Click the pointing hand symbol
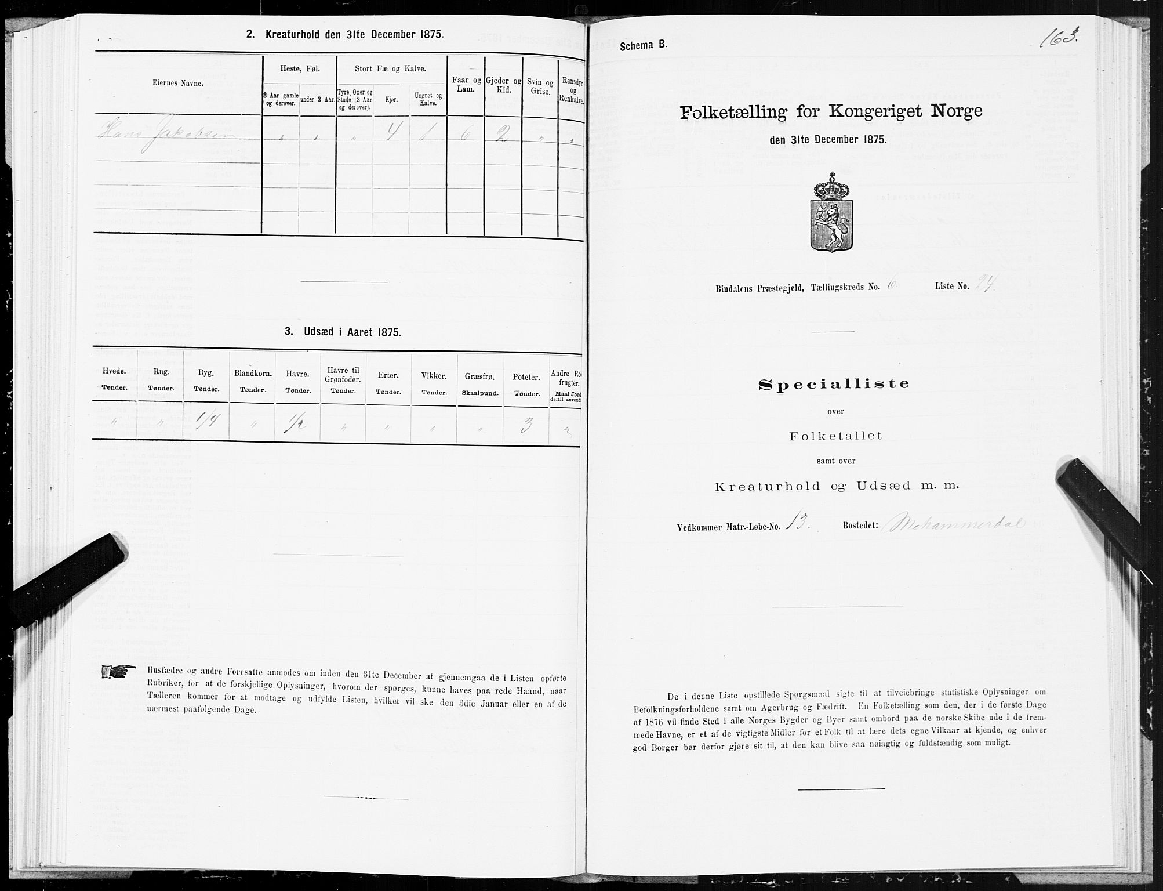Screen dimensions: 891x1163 [118, 672]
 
